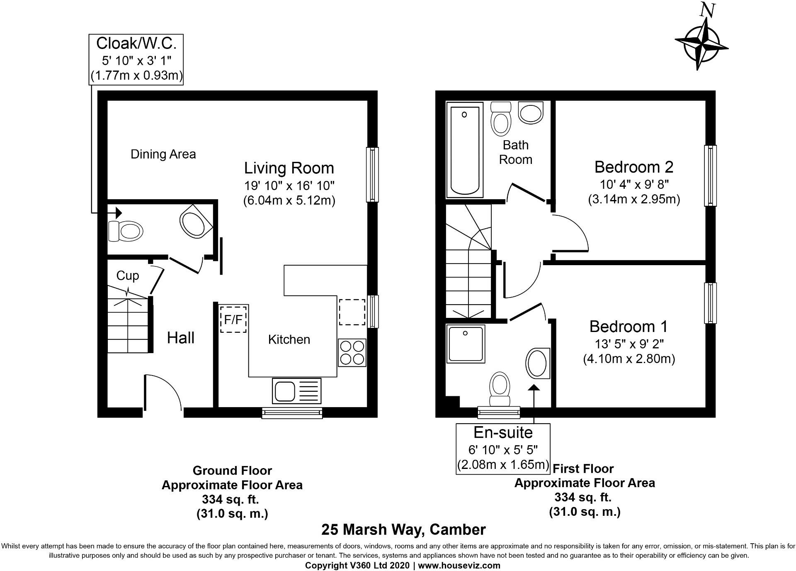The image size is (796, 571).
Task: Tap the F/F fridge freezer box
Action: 233,319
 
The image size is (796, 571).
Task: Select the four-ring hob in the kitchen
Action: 352,353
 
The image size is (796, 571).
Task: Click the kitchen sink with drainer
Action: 296,391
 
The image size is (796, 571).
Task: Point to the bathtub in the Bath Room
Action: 464,150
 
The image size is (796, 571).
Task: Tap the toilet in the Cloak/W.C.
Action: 125,231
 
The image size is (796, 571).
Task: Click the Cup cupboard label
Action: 127,276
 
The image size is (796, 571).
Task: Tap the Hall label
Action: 180,338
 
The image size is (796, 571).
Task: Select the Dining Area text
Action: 163,154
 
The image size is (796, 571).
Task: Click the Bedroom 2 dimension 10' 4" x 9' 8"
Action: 634,184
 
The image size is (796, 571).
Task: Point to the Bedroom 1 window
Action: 710,303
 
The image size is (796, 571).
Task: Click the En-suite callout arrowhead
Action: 534,388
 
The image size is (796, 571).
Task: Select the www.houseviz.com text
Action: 459,565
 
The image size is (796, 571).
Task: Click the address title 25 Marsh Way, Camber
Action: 403,530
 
